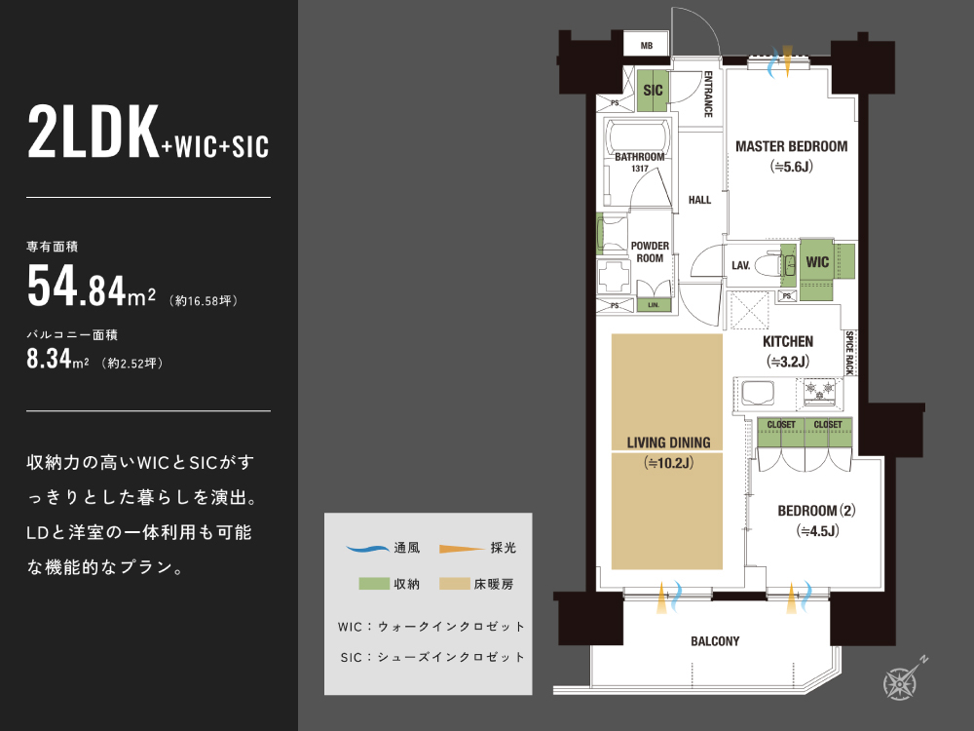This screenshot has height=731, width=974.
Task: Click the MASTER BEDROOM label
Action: (791, 146)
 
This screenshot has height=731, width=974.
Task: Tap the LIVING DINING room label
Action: (668, 442)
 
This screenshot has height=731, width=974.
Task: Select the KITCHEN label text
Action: (788, 341)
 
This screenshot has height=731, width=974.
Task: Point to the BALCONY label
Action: (715, 641)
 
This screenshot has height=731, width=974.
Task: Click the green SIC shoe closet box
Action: (653, 91)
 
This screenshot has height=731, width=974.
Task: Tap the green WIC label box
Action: (817, 262)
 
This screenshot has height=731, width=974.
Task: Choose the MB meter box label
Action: (646, 46)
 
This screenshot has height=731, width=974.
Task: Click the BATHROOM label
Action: (639, 157)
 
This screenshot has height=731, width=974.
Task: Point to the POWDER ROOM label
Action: (650, 251)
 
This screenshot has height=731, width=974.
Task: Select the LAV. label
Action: (740, 264)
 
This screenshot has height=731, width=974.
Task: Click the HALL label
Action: (699, 200)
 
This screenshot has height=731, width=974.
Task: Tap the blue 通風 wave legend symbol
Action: (368, 549)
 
